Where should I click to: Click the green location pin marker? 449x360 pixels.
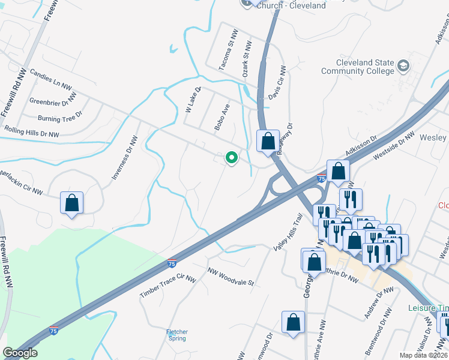coord(231,158)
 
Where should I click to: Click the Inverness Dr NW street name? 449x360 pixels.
coord(125,157)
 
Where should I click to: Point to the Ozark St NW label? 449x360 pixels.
coord(247,59)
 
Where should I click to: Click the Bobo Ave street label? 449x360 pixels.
coord(222,118)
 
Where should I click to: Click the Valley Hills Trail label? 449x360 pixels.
coord(286,233)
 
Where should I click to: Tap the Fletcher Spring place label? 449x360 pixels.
coord(177,335)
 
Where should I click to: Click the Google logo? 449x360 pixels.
coord(20,353)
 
